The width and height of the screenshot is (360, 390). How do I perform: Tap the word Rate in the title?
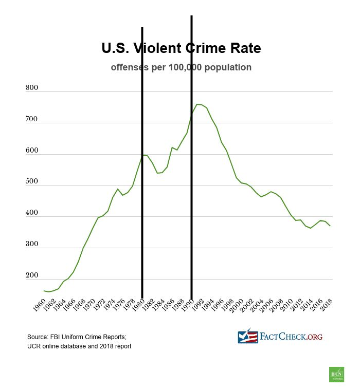(243, 48)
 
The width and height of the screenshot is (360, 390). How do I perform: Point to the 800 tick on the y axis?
(32, 88)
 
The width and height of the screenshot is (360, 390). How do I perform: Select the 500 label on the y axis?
(32, 182)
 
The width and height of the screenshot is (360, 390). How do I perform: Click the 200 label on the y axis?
(32, 276)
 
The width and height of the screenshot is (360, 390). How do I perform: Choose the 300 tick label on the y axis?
(32, 245)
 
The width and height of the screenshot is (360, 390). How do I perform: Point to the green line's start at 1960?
(44, 291)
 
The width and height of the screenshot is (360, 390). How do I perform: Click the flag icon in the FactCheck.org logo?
(248, 337)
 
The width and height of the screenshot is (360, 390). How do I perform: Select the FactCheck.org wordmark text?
(291, 337)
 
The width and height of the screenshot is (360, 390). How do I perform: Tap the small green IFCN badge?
(336, 375)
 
